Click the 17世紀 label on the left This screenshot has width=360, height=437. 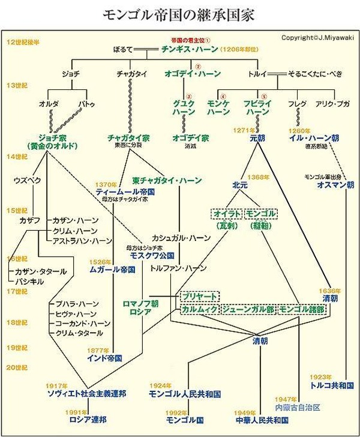point(17,291)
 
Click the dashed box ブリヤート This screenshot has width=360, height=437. point(199,297)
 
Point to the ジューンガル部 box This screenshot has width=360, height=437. point(247,309)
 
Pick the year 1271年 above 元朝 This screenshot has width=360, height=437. point(242,129)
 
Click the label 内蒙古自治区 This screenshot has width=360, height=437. point(298,406)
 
